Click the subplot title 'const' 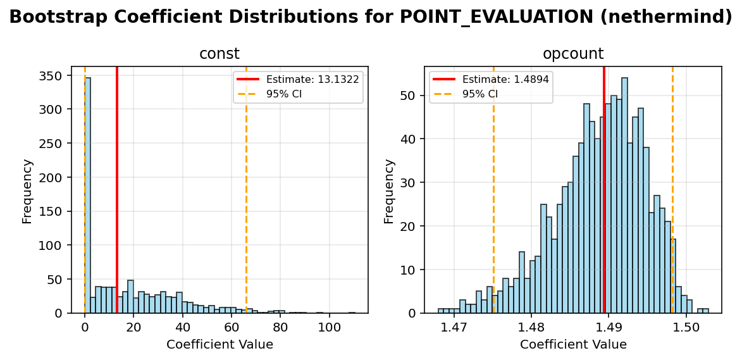[220, 54]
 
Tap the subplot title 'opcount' [573, 54]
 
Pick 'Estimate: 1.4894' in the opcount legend [505, 79]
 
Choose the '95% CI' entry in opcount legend [480, 94]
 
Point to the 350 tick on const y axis [53, 76]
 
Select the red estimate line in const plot [117, 190]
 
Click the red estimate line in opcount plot [604, 190]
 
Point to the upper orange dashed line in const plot [246, 190]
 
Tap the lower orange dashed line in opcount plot [493, 190]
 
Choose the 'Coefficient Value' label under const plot [220, 345]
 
